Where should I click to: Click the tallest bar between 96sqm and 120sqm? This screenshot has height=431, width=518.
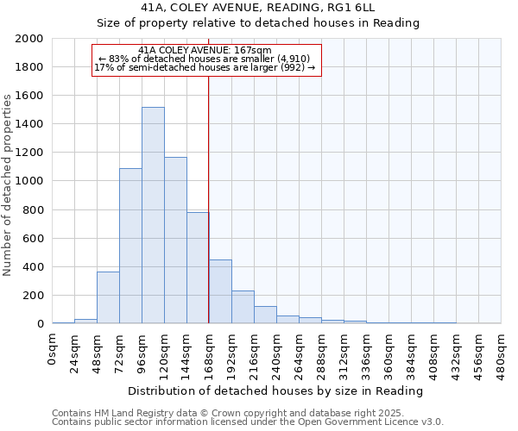(x=153, y=215)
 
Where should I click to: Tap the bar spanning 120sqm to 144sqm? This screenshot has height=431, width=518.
(x=175, y=240)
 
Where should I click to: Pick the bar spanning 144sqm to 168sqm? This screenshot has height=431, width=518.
(x=198, y=268)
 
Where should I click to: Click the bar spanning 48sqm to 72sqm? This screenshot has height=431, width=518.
(x=108, y=297)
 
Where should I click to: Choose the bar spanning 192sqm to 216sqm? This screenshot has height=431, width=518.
(x=243, y=307)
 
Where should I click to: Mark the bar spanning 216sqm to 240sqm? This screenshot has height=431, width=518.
(x=265, y=315)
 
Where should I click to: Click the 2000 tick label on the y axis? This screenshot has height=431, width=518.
(x=29, y=39)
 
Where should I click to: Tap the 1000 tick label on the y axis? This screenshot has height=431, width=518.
(x=29, y=181)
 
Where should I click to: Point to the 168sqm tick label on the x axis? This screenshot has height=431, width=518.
(x=209, y=352)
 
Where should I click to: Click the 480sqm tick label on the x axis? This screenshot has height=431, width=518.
(x=501, y=352)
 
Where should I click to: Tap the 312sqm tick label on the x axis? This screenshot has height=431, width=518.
(x=344, y=352)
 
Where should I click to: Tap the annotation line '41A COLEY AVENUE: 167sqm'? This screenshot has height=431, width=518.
(x=205, y=51)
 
